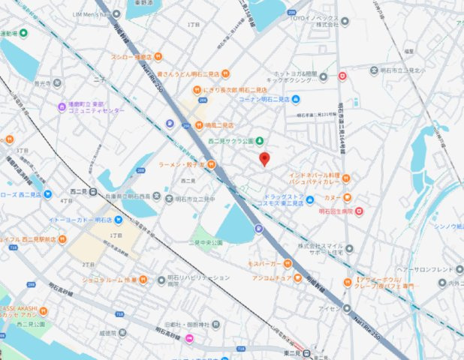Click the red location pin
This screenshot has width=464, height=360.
264,158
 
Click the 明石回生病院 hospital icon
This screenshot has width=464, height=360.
359,211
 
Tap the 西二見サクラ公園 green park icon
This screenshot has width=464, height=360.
260,141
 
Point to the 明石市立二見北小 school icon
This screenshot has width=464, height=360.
374,71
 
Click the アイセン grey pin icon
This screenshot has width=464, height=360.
347,307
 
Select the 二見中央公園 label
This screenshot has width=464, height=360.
207,243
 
